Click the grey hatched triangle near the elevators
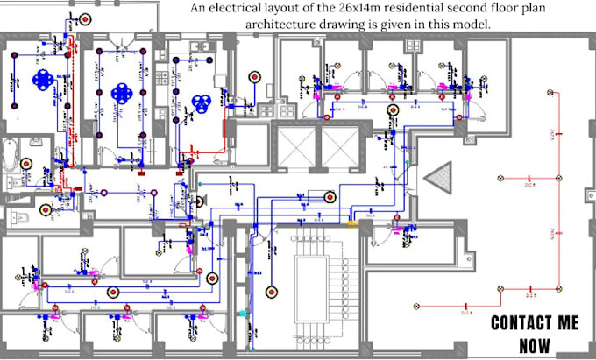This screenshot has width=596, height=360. [436, 178]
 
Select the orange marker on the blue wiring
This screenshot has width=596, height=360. [352, 222]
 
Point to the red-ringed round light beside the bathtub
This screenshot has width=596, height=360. [27, 164]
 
